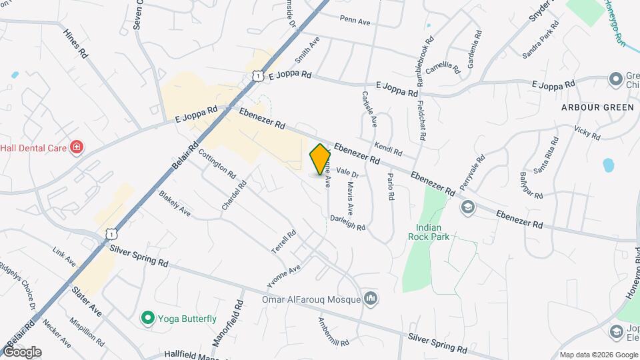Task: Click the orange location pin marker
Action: pos(321,159)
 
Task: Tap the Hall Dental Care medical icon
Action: pos(77,147)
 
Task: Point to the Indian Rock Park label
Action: pos(429,231)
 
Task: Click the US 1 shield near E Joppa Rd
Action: pos(258,77)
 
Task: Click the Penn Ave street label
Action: pos(355,21)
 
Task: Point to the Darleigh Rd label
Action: pos(348,222)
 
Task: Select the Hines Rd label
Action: pos(75,42)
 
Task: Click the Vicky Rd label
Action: pos(587,132)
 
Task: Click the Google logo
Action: pos(23,351)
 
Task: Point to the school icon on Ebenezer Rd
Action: pos(467,207)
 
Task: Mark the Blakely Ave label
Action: pos(175,203)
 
